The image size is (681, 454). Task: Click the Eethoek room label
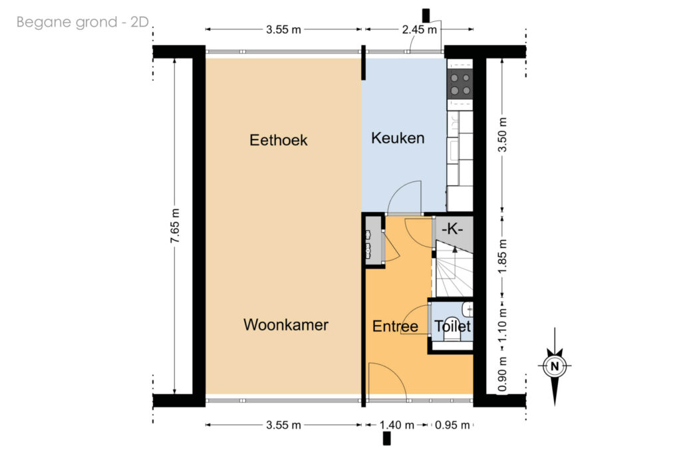tap(279, 140)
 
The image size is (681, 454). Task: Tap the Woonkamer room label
tap(286, 324)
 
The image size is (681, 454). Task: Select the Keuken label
tap(398, 138)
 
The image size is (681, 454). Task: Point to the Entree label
tap(395, 326)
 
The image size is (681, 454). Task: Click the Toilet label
tap(452, 326)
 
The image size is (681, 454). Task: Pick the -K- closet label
tap(452, 229)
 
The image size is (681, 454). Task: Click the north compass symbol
tap(555, 366)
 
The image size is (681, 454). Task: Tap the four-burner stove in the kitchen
tap(460, 84)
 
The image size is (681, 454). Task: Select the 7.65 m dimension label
tap(175, 226)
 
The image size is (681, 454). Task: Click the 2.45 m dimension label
tap(419, 29)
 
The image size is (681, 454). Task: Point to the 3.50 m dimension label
tap(502, 134)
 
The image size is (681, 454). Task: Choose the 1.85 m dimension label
tap(502, 257)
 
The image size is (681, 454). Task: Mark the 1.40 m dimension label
tap(397, 425)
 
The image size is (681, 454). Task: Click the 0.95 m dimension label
tap(452, 425)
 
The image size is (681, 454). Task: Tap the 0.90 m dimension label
tap(502, 374)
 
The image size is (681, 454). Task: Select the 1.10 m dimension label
tap(502, 324)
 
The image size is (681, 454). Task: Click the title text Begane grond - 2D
tap(83, 22)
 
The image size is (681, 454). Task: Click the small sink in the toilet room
tap(468, 309)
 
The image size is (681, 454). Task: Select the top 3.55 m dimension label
tap(283, 29)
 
